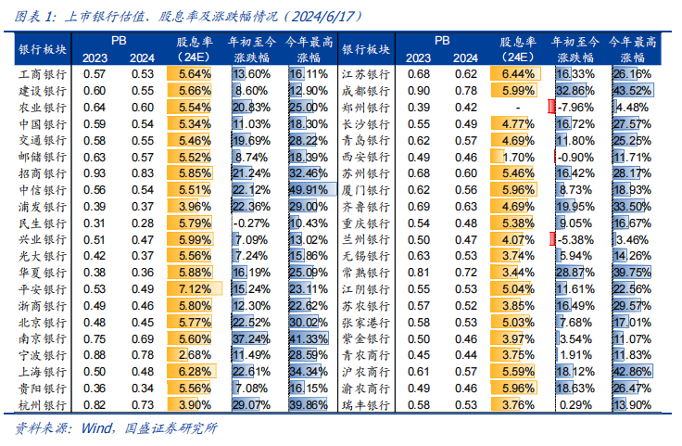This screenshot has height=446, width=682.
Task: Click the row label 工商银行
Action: (x=42, y=73)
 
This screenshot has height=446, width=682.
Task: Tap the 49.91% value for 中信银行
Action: (x=309, y=189)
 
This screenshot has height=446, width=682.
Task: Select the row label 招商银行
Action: (x=42, y=172)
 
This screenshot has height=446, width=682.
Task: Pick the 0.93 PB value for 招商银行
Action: (x=94, y=172)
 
